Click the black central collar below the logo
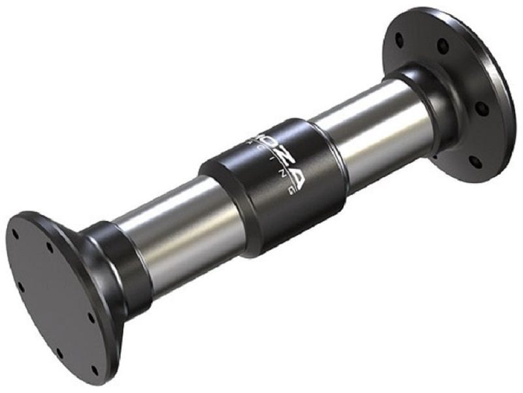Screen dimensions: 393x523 coord(261,203)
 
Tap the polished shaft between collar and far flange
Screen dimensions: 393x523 coord(366,131)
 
